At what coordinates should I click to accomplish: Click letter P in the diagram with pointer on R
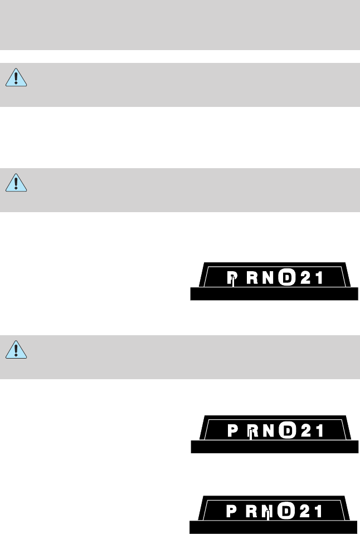[x=233, y=431]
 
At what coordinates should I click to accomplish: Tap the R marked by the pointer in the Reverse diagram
[x=252, y=431]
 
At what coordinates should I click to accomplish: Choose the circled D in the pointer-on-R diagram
[x=286, y=431]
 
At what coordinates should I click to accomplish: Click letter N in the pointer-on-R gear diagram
[x=269, y=431]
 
